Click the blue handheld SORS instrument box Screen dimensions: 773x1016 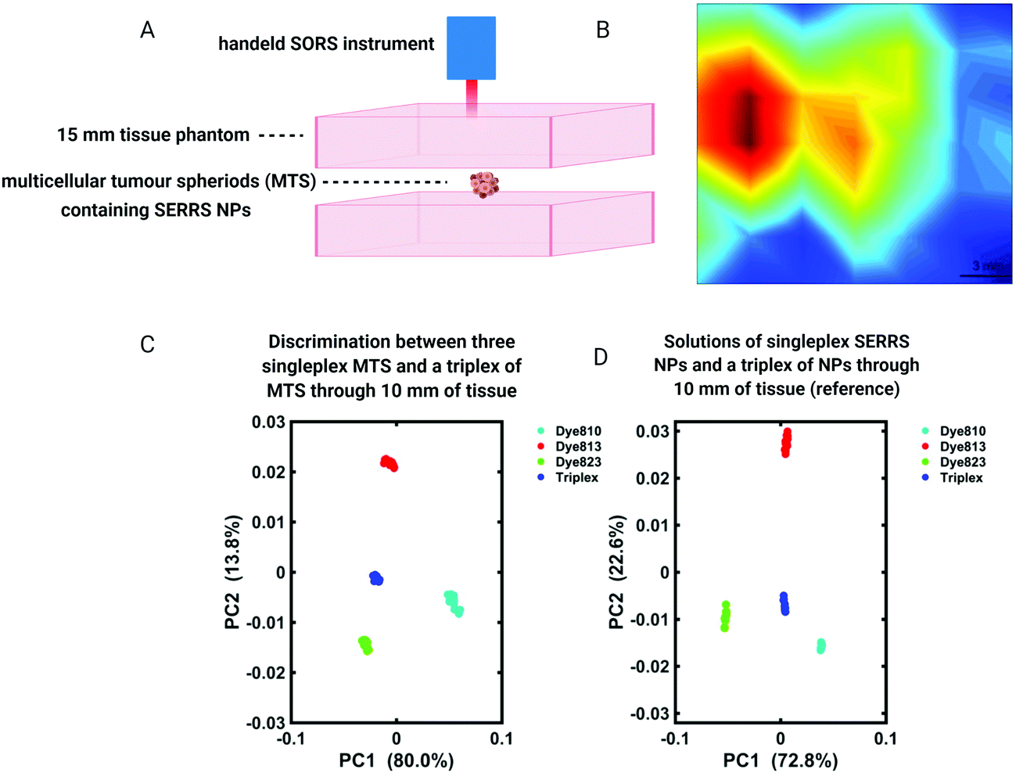(x=471, y=49)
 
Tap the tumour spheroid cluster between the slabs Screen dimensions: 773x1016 (x=484, y=185)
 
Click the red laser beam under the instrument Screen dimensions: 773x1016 (x=472, y=98)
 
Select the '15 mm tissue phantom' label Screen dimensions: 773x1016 (x=153, y=135)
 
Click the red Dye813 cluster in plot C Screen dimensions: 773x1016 (x=389, y=463)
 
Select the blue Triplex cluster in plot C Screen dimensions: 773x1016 (x=376, y=578)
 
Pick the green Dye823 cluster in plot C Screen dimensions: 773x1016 (x=365, y=645)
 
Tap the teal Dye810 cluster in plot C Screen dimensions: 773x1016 (x=453, y=602)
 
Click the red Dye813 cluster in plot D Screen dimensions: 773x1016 (x=787, y=442)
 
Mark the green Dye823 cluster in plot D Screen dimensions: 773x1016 (x=725, y=616)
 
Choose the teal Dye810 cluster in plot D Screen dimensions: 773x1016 (x=820, y=645)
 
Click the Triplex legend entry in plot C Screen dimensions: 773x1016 (x=576, y=477)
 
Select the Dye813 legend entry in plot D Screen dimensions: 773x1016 (x=962, y=447)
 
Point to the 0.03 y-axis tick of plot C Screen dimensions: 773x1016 (x=268, y=422)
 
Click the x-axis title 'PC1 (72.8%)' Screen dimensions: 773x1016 (x=780, y=760)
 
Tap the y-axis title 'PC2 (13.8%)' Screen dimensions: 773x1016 (x=232, y=572)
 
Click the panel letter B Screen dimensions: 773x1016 (x=603, y=30)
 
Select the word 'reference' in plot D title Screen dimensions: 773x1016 (x=859, y=389)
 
